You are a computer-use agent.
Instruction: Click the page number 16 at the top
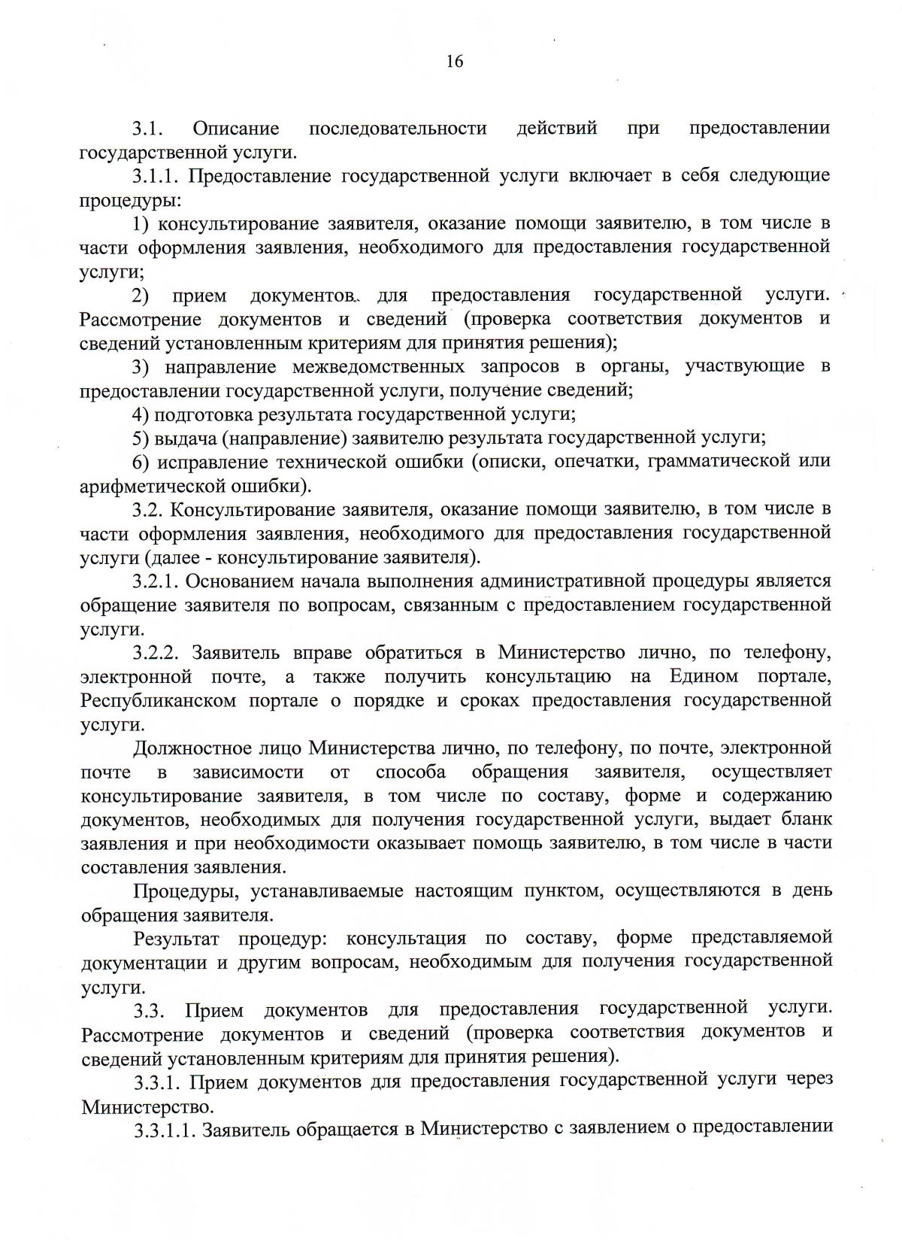[x=455, y=62]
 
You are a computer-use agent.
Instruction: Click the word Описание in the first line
[x=235, y=129]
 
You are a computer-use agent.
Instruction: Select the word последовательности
[x=398, y=129]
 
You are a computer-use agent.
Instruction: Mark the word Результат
[x=177, y=939]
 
